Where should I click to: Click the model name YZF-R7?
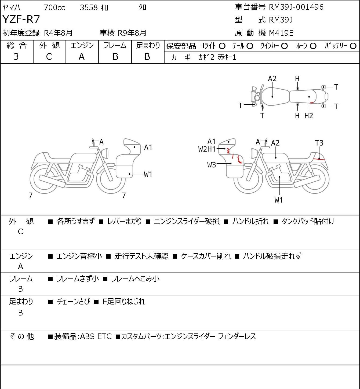pos(21,19)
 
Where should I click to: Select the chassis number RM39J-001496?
pos(296,7)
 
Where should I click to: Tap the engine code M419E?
pos(281,33)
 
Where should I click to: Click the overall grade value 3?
pos(16,57)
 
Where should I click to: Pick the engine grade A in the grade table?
pos(82,57)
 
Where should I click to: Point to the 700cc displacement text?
pos(54,8)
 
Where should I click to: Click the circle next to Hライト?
pos(222,46)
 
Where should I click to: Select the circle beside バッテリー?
pos(353,46)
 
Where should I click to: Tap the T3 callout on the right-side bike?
pos(319,143)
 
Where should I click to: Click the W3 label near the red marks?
pos(211,165)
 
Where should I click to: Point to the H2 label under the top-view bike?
pos(309,116)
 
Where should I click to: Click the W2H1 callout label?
pos(207,149)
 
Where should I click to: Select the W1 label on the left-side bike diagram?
pos(148,174)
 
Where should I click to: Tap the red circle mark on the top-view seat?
pos(312,103)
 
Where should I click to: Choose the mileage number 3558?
pos(89,8)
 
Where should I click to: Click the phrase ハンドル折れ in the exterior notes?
pos(250,221)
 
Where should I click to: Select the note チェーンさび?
pos(74,302)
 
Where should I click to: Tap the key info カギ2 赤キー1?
pos(217,57)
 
